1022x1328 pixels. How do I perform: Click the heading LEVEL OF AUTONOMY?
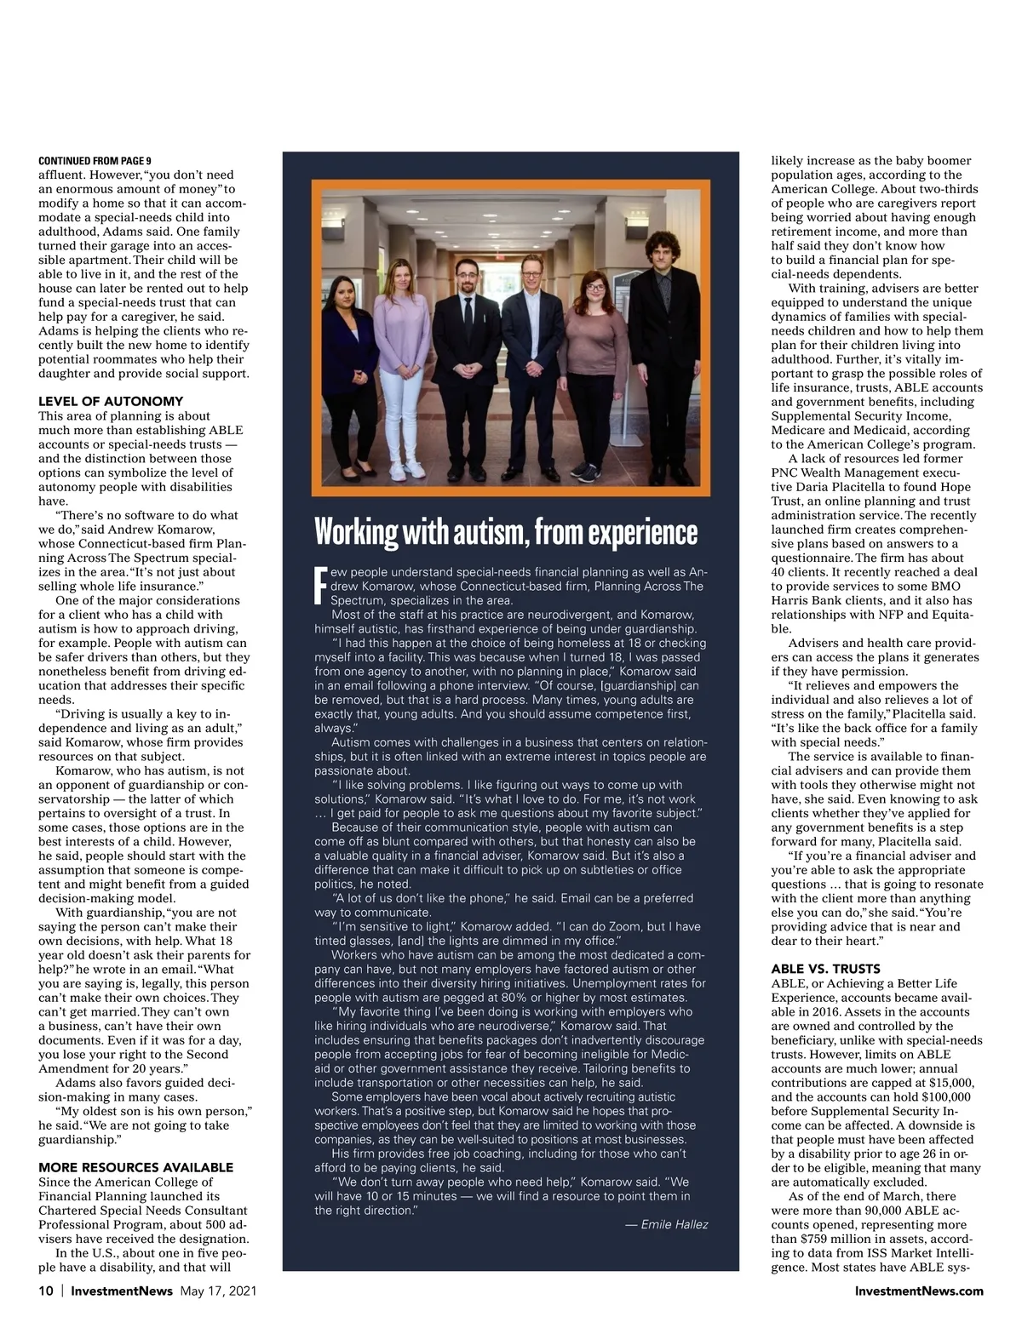click(111, 401)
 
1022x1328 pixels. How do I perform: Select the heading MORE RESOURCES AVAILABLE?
click(136, 1167)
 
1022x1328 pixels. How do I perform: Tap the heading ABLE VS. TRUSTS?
click(825, 969)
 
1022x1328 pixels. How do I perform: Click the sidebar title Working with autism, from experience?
click(506, 532)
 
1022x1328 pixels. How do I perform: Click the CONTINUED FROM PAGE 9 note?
click(95, 161)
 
